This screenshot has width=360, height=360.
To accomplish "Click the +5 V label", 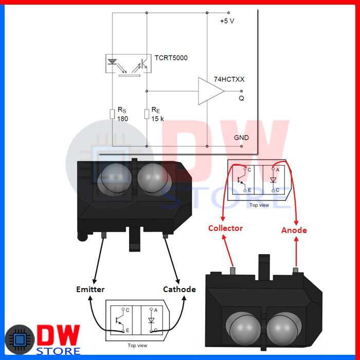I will tap(227, 21).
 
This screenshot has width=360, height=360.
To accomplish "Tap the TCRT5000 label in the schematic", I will tap(171, 58).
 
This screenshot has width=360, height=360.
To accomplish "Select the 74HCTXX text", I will tap(229, 79).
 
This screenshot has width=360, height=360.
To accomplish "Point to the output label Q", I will tap(241, 98).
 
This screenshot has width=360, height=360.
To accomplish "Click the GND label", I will tap(241, 138).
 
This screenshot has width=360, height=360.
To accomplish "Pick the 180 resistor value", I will tap(122, 119).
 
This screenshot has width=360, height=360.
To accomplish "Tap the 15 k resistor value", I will tap(158, 119).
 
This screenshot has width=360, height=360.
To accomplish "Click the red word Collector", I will tap(225, 228).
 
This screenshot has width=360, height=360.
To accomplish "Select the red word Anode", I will tap(294, 230).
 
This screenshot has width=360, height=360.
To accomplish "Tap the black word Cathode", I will tap(179, 290).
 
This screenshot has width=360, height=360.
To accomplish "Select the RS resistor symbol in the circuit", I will tap(112, 113).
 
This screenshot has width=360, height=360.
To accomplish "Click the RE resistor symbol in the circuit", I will tap(147, 113).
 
